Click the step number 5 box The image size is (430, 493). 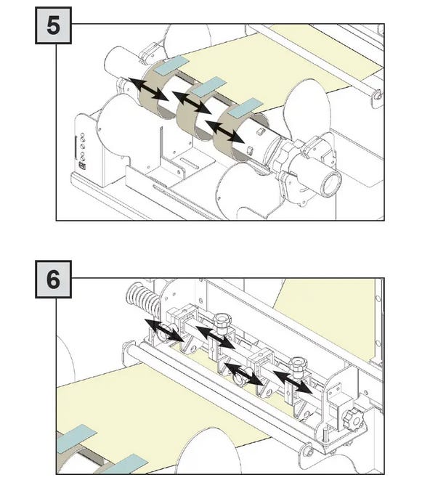pos(53,25)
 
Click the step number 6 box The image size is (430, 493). pos(53,280)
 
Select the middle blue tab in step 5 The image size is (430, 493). pos(209,86)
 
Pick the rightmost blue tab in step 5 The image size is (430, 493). pos(245,108)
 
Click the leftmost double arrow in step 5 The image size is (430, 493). pos(149,89)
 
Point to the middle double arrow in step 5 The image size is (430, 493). pos(192,103)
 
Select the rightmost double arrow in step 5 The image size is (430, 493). pos(224,131)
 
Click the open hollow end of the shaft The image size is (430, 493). pos(331,183)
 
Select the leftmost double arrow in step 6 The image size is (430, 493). pos(164,330)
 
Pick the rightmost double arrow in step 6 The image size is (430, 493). pos(293,383)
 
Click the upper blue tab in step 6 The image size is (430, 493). pos(77,439)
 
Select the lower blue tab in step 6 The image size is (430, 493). pos(126,464)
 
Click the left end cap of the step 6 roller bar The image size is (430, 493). pos(128,350)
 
